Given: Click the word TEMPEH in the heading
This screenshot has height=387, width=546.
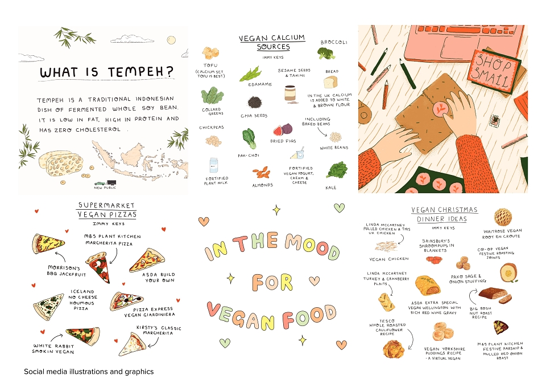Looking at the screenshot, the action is click(x=140, y=72).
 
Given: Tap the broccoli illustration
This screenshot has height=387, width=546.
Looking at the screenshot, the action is click(x=326, y=54).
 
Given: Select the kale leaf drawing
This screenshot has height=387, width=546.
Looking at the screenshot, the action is click(x=337, y=170).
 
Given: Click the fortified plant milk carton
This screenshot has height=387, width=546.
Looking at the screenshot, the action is click(x=214, y=165).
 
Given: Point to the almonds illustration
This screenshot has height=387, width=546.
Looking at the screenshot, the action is click(x=262, y=172).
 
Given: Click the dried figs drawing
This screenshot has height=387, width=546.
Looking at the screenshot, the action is click(x=283, y=130).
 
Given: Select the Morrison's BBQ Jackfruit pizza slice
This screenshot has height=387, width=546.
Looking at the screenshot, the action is click(x=47, y=243).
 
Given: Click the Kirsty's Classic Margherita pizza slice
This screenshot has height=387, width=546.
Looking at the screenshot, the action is click(x=133, y=344).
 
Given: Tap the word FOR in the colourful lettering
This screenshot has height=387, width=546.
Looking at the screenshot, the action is click(x=272, y=282).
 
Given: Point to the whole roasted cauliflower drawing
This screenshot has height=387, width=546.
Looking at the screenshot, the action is click(x=394, y=349).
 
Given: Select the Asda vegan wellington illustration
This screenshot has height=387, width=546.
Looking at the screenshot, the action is click(x=427, y=286).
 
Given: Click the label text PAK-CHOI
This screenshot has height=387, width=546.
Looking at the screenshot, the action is click(x=249, y=156).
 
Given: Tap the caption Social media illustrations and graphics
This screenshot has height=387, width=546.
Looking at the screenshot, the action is click(x=89, y=372).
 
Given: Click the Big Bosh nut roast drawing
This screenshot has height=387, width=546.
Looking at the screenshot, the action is click(x=495, y=295).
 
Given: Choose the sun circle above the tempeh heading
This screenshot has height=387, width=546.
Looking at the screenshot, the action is click(x=171, y=40).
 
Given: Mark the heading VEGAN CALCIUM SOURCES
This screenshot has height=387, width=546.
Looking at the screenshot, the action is click(x=272, y=42).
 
